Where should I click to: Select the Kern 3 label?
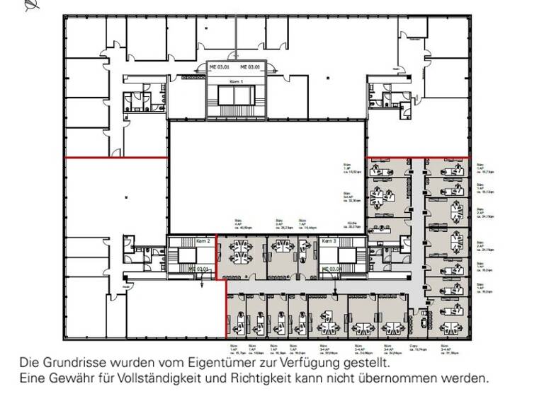329,242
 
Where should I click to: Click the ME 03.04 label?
332,269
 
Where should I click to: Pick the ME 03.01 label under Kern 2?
199,269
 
